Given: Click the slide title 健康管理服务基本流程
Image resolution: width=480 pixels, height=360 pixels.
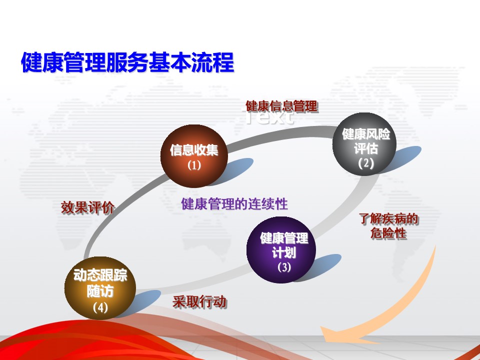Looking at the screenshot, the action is [127, 62].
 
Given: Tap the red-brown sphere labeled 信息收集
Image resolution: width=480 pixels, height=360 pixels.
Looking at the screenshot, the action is [194, 156].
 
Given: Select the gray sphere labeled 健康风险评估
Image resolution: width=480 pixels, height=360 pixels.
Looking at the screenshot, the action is [364, 144].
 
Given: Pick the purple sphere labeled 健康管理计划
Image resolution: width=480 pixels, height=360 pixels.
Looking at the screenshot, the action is [281, 250].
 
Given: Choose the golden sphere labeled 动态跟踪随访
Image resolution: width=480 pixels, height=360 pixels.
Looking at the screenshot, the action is [100, 288].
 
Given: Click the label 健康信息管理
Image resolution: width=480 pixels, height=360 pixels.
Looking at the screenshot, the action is [281, 106].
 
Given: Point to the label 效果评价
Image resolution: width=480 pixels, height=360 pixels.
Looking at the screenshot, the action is [87, 207].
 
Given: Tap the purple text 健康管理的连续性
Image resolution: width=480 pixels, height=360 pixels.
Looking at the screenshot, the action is [234, 204].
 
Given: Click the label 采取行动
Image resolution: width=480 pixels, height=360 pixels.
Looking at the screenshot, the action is [199, 301].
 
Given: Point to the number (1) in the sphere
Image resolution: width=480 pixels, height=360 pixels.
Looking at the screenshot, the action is [194, 165].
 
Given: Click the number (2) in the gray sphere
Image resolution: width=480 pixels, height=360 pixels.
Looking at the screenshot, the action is [366, 163].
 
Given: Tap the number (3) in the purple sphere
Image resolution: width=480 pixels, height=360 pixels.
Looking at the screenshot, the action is [284, 267].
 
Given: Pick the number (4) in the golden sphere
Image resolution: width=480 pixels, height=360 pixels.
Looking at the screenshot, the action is [100, 307].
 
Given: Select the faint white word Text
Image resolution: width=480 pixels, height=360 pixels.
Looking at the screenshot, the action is [268, 117].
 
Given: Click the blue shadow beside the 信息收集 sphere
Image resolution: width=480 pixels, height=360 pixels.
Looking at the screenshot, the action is [235, 170].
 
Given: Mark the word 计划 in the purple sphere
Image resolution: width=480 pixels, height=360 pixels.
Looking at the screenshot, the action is [284, 253].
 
